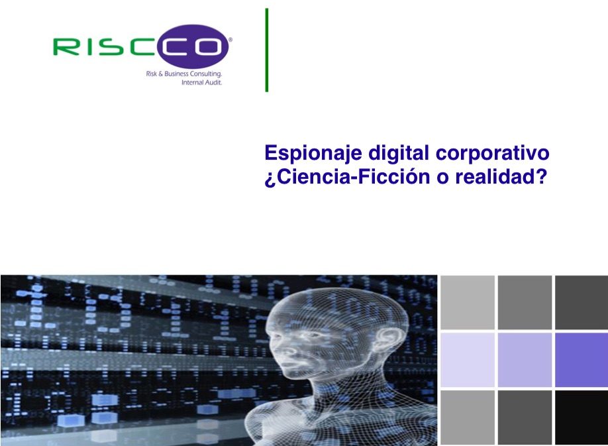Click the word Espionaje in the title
click(313, 153)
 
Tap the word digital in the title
click(399, 152)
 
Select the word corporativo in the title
click(493, 153)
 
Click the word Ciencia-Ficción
click(354, 177)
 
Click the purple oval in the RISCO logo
click(193, 46)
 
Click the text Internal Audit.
click(201, 82)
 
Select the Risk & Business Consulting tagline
click(184, 74)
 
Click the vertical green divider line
click(267, 50)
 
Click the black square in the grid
click(582, 418)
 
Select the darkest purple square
click(582, 360)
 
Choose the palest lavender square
click(468, 360)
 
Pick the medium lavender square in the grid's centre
click(525, 360)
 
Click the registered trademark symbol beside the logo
click(230, 39)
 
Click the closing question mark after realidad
click(541, 176)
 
